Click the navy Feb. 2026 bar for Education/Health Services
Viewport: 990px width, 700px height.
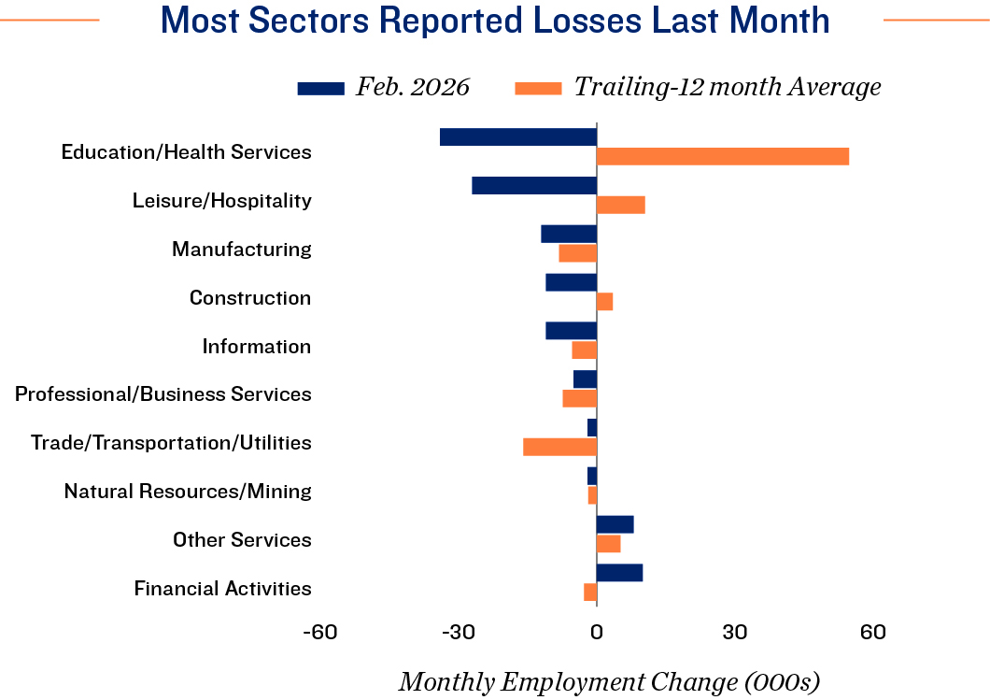pos(517,136)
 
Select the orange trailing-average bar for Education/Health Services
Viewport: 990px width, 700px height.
pos(722,156)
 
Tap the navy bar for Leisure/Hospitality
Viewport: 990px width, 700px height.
pos(533,185)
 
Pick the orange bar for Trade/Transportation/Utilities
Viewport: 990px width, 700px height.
pos(559,447)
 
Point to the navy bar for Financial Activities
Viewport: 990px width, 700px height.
pos(619,573)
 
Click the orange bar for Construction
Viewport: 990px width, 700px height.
pos(604,301)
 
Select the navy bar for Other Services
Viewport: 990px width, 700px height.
pos(615,524)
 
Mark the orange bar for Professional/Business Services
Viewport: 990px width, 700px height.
pos(579,398)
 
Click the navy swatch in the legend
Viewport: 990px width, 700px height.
pos(320,89)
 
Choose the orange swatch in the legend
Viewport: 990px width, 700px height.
pos(538,89)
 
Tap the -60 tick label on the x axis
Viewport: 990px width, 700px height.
pos(320,633)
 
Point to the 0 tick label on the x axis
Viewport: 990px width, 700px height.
pos(596,633)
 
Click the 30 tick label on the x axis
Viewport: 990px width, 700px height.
pos(734,633)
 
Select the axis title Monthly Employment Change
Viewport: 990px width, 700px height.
pos(609,682)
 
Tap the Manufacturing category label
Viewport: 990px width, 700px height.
pos(241,250)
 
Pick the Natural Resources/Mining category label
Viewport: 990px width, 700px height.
pos(187,491)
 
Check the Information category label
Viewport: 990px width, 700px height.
pos(256,347)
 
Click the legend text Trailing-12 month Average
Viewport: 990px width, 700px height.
pos(727,88)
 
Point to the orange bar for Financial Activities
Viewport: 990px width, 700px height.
pos(590,592)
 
